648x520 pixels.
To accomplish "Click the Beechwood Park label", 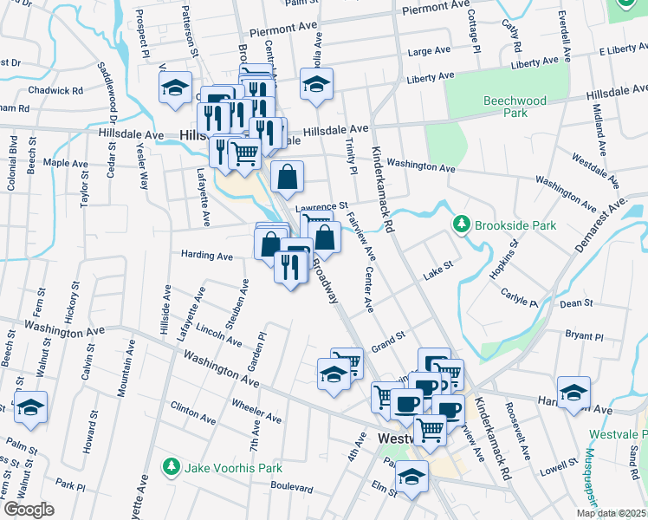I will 515,107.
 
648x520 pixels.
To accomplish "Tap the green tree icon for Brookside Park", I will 461,224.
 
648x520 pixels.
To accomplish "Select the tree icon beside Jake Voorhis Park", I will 172,468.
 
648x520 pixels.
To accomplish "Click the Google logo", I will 29,510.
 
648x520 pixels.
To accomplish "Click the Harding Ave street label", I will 206,257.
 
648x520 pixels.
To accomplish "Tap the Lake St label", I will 438,274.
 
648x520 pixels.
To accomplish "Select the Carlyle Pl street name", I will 519,298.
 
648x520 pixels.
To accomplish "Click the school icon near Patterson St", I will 175,88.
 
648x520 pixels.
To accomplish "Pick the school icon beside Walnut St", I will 30,407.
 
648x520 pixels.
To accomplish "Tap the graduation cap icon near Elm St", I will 413,478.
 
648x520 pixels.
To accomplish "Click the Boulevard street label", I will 291,487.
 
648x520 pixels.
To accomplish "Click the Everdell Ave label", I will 564,35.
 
